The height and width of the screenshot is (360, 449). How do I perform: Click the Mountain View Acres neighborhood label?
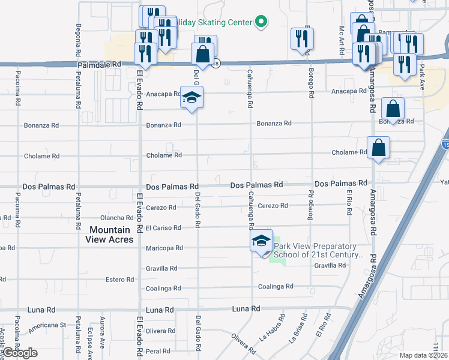[x=110, y=235]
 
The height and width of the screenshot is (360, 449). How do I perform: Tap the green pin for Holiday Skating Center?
[x=261, y=22]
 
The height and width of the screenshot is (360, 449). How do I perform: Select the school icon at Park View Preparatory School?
[x=261, y=242]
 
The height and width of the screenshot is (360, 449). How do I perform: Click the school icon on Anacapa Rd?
[x=191, y=98]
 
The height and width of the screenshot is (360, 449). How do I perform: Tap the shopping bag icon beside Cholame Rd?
[x=378, y=148]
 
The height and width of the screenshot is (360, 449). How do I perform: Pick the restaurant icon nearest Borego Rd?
[x=301, y=40]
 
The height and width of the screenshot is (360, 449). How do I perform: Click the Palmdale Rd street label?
[x=99, y=64]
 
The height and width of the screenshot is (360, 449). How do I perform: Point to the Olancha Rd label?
[x=116, y=218]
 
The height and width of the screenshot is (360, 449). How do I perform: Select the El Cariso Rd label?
[x=163, y=228]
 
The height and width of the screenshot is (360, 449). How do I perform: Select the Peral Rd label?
[x=158, y=350]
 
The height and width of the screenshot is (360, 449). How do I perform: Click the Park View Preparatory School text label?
[x=319, y=250]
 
